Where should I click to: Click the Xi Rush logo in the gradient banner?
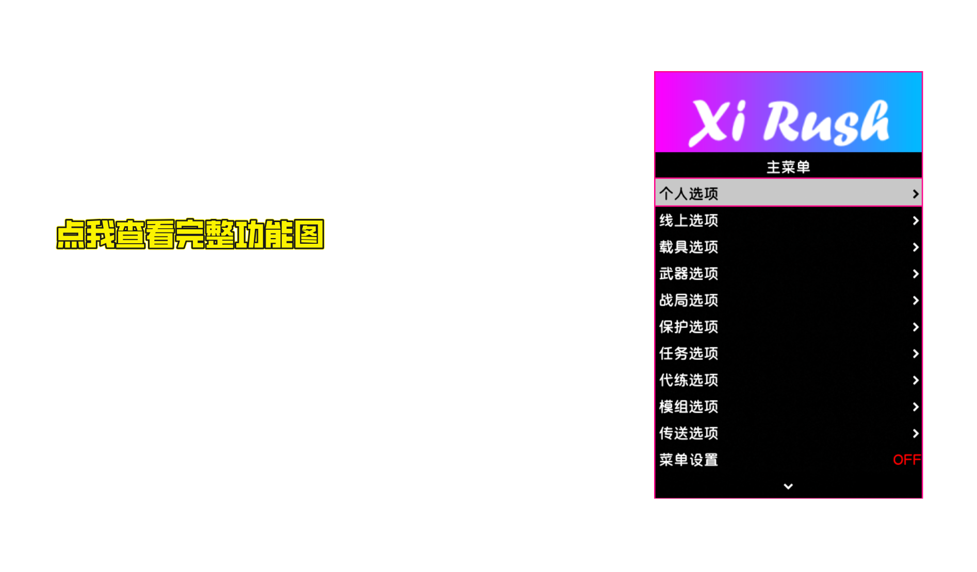[788, 122]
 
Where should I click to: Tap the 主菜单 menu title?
[788, 167]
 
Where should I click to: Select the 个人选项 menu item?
[689, 194]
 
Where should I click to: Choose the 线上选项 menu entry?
[689, 221]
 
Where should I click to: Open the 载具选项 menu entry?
[689, 247]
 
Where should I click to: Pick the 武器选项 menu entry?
[689, 274]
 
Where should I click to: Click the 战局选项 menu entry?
[689, 300]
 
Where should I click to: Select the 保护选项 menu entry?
[689, 327]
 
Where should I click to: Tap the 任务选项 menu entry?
[689, 354]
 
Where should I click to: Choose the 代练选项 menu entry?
[689, 380]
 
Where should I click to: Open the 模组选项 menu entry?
[689, 407]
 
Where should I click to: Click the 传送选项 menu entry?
[689, 433]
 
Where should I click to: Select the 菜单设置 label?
[689, 460]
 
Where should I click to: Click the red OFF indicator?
[906, 460]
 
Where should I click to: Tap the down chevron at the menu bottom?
[788, 486]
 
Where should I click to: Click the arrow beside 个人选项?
[915, 194]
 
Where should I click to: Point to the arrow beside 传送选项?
[915, 433]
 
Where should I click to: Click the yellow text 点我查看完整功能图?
[190, 234]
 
